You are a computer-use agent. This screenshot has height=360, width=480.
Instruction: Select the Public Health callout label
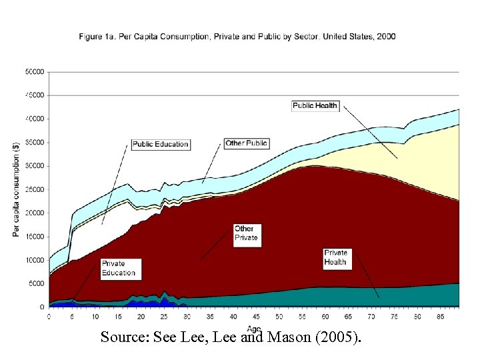[315, 105]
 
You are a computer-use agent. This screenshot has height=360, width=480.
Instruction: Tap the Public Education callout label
[160, 144]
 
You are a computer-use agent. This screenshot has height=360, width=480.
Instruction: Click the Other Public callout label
[246, 143]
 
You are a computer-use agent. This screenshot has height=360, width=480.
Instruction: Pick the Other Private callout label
[245, 233]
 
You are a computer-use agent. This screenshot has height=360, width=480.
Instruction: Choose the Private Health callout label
[336, 257]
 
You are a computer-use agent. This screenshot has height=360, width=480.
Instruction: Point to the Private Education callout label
[119, 268]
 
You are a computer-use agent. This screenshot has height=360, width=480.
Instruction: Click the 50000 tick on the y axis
[35, 71]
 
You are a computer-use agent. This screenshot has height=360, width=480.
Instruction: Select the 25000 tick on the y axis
[35, 189]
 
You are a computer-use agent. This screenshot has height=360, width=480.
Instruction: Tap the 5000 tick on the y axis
[37, 284]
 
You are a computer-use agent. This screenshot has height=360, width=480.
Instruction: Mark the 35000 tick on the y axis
[35, 142]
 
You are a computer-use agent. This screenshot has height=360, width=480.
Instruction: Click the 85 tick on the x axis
[439, 317]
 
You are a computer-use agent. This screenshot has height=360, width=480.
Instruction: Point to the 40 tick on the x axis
[233, 317]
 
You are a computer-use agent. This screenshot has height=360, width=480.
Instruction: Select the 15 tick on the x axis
[118, 317]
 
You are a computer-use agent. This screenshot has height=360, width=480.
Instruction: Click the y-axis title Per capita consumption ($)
[16, 189]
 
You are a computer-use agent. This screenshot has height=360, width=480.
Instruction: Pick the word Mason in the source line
[289, 337]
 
